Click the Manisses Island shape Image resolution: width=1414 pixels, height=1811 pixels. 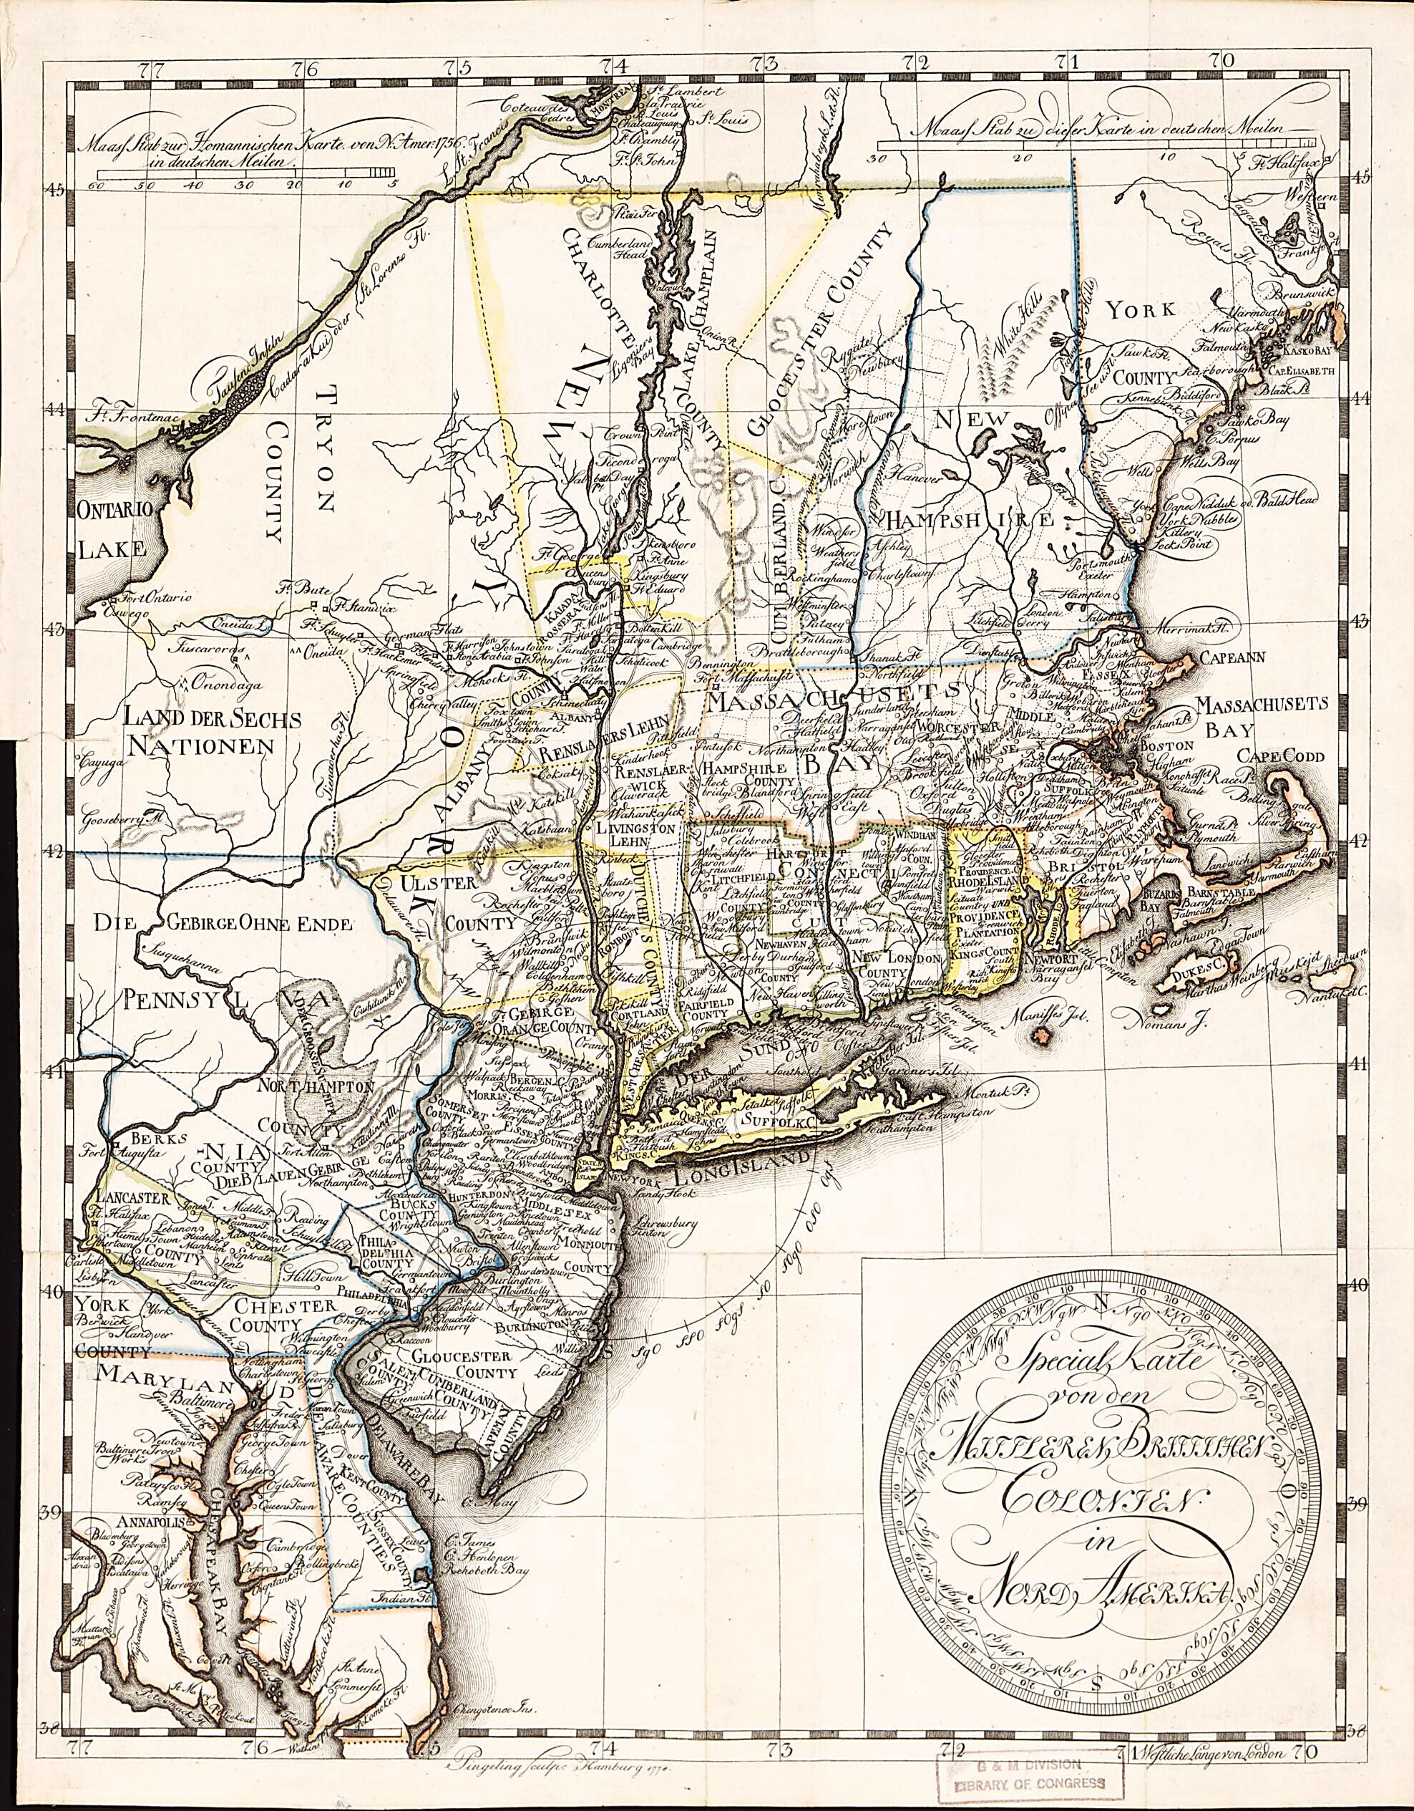click(1038, 1035)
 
